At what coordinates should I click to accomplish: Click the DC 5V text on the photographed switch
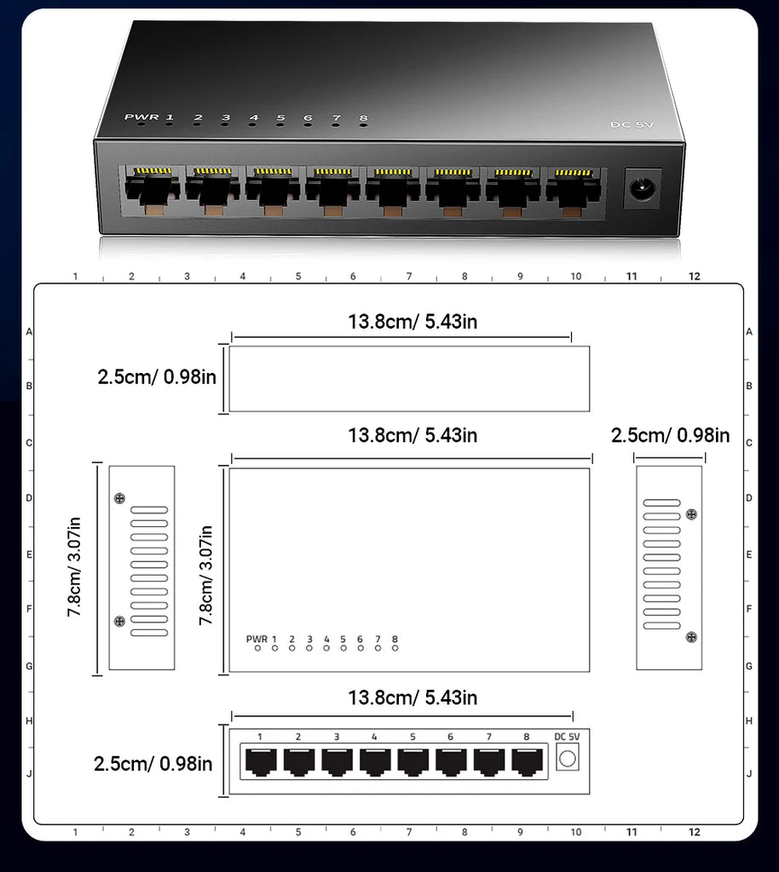(632, 125)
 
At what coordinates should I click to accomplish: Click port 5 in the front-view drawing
(413, 760)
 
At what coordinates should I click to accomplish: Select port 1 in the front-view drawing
(259, 760)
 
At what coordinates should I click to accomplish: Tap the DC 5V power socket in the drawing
(567, 757)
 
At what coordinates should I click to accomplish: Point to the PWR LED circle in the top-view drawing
(257, 648)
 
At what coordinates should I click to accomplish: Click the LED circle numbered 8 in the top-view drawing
(395, 648)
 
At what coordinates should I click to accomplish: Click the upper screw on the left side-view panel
(118, 498)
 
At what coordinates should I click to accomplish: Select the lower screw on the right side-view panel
(691, 636)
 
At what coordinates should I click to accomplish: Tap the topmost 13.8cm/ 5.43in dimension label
(412, 322)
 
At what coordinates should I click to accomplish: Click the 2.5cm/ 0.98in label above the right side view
(670, 436)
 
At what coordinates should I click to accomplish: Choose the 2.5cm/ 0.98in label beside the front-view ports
(153, 764)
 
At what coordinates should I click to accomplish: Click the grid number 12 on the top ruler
(694, 276)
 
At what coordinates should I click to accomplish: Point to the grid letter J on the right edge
(748, 774)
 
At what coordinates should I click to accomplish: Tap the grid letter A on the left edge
(29, 331)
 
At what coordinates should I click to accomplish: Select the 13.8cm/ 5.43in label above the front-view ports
(412, 698)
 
